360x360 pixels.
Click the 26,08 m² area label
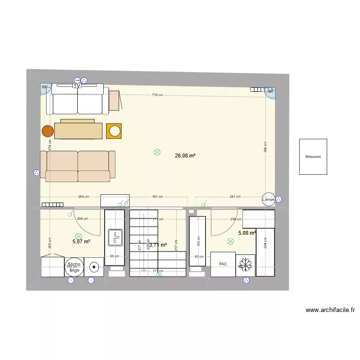pos(185,156)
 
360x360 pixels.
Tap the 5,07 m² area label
pos(81,241)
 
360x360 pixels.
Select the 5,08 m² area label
pos(247,233)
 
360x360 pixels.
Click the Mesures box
pos(313,157)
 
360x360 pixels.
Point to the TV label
pos(76,86)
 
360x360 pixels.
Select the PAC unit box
pos(223,264)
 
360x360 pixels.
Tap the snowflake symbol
pos(246,264)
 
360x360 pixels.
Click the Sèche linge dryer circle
pos(74,267)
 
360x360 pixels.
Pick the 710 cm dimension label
pos(157,95)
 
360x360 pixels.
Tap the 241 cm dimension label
pos(235,197)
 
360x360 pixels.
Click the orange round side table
pos(48,131)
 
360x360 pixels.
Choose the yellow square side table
pos(114,131)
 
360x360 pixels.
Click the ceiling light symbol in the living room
pos(157,152)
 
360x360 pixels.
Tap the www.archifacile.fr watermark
pos(330,310)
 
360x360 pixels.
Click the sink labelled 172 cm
pos(116,236)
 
